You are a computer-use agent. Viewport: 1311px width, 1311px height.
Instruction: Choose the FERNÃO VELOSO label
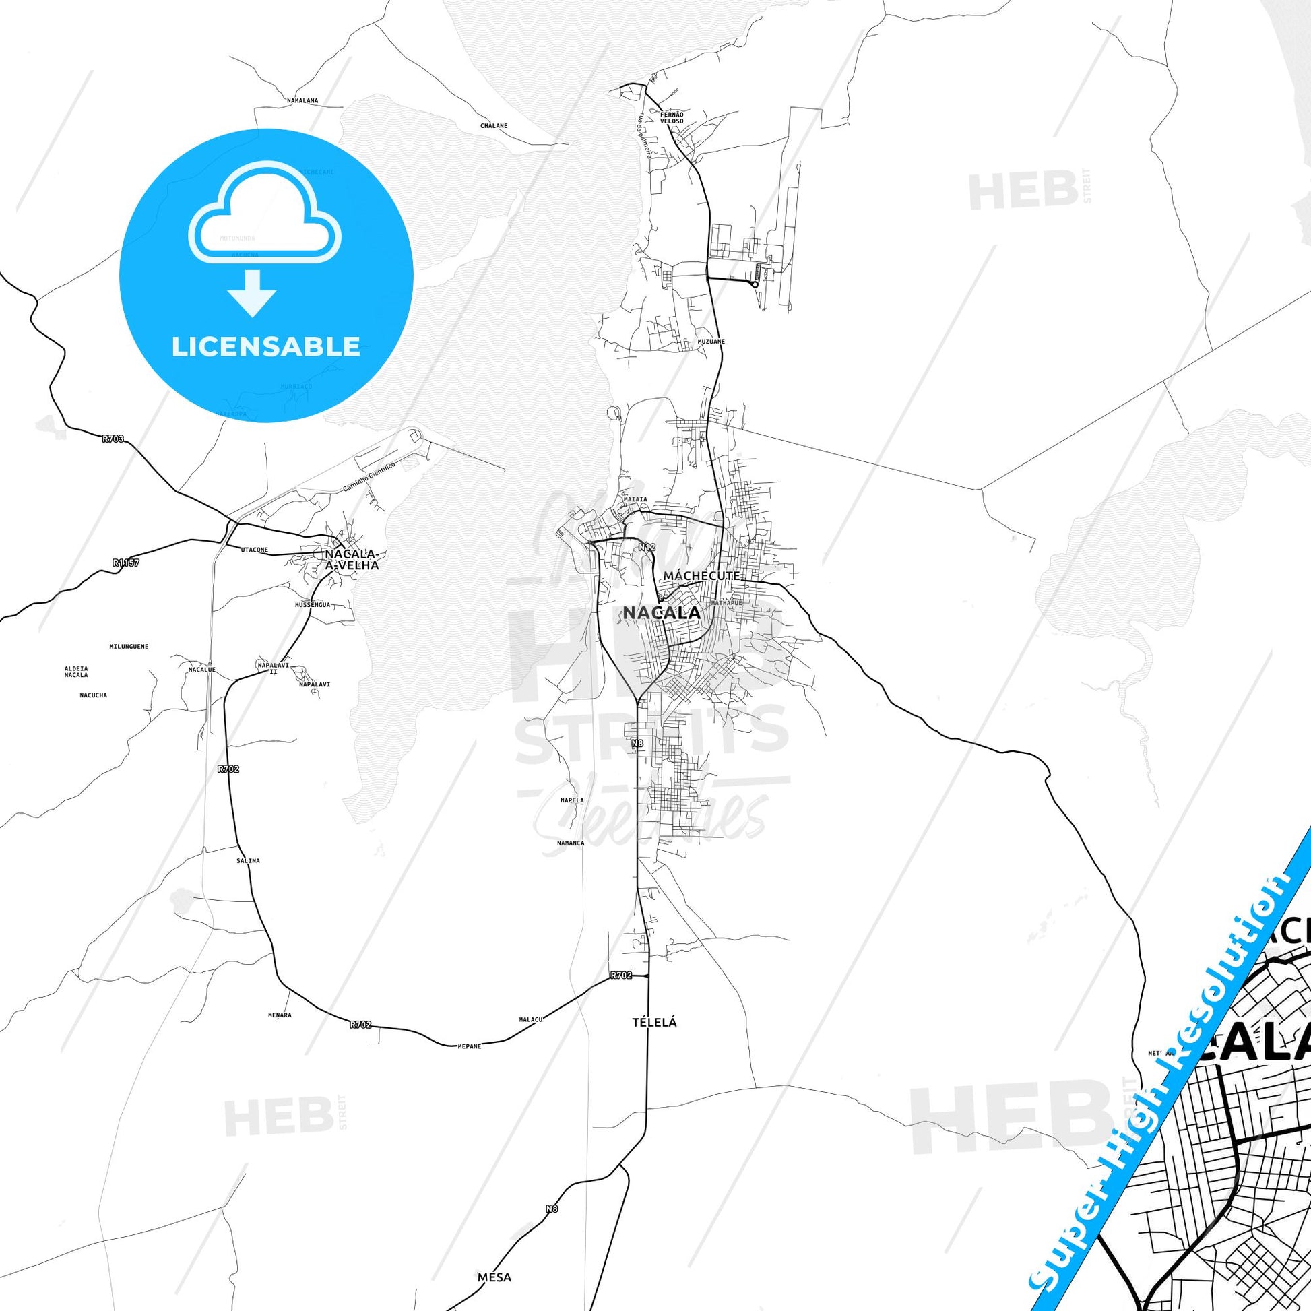(x=672, y=117)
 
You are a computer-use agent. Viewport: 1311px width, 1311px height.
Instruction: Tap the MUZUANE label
(x=711, y=342)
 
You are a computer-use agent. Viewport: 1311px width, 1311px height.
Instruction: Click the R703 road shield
(x=113, y=439)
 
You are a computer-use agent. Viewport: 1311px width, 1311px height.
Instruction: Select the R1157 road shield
(x=125, y=563)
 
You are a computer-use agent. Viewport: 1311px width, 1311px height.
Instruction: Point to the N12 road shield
(x=647, y=546)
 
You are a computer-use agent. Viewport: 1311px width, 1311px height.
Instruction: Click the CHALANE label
(x=493, y=125)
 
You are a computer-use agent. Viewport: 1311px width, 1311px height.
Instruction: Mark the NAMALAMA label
(x=302, y=100)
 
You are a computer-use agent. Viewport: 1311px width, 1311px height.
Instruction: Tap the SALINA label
(x=248, y=860)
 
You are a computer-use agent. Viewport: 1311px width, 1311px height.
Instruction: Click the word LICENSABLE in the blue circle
(x=266, y=346)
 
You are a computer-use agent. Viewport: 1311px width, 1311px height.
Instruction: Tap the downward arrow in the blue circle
(x=253, y=292)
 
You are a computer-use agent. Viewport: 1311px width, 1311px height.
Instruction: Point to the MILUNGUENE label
(x=129, y=647)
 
